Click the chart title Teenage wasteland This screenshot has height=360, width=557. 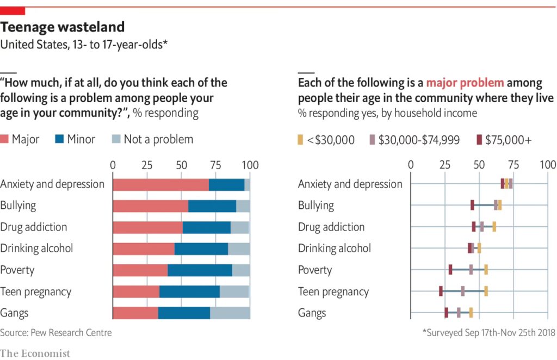[62, 27]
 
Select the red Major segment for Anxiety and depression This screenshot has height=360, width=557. [160, 184]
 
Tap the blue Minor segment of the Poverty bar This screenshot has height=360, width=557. [200, 270]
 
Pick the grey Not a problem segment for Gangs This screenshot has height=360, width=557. [230, 313]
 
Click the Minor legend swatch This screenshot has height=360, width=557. [59, 139]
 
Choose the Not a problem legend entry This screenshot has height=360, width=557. [152, 139]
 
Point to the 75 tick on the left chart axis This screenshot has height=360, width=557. [216, 165]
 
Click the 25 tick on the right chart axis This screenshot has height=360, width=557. [445, 165]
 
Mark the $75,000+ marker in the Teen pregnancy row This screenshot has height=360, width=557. [441, 291]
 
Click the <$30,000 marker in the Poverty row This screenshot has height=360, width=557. [486, 270]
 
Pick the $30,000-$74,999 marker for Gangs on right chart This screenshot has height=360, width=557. [459, 313]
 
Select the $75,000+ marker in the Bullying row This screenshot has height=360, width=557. [472, 205]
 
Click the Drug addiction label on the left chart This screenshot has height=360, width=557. [34, 227]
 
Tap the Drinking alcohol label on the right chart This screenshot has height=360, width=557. [334, 249]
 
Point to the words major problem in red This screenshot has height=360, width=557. [465, 83]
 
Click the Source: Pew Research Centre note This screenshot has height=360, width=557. [55, 332]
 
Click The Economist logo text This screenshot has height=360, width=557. [35, 353]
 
